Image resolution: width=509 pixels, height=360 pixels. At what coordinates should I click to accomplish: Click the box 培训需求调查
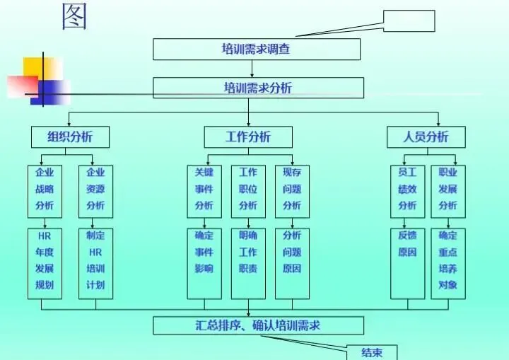[x=257, y=50]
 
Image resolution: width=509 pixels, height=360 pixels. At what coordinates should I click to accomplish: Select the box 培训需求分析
[x=258, y=88]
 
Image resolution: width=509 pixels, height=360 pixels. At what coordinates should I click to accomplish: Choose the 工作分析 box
[x=247, y=137]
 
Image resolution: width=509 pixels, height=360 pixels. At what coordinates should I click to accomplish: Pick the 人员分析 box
[x=426, y=137]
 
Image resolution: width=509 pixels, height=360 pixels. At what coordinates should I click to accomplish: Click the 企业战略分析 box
[x=45, y=190]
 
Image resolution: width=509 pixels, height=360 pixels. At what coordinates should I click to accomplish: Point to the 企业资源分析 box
[x=95, y=190]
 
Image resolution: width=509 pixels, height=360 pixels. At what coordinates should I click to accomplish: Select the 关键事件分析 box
[x=204, y=190]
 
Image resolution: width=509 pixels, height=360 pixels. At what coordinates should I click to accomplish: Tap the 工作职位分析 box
[x=248, y=190]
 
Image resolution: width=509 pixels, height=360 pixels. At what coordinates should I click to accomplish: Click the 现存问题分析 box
[x=292, y=190]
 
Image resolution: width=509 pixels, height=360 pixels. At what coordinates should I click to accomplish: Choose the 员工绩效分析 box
[x=407, y=190]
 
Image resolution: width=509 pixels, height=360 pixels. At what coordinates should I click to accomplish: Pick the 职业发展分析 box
[x=448, y=190]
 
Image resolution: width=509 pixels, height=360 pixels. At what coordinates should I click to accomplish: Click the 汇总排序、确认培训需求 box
[x=258, y=325]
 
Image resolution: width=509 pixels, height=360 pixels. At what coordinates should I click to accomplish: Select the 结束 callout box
[x=372, y=352]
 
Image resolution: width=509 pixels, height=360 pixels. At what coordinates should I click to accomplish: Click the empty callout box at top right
[x=409, y=21]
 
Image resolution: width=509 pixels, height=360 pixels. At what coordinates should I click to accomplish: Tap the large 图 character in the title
[x=74, y=16]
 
